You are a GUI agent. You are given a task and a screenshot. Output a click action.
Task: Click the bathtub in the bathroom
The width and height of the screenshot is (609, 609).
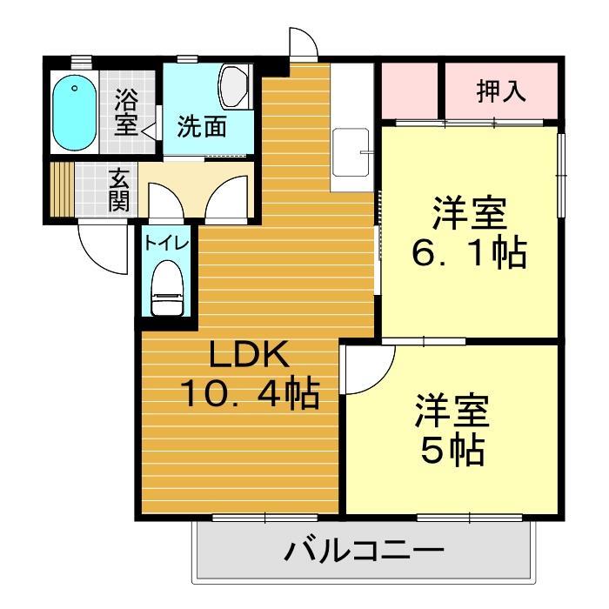pos(74,113)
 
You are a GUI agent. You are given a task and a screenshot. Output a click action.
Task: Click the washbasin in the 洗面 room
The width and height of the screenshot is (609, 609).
pos(234,86)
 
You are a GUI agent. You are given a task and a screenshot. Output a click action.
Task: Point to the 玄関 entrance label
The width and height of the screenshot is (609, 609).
pos(119,190)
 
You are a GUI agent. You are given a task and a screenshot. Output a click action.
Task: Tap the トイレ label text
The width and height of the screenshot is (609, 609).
pos(166,243)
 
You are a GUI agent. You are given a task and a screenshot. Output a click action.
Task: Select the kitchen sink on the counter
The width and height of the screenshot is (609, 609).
pos(352,152)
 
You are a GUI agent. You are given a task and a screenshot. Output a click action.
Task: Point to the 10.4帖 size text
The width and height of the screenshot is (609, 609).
pos(249,394)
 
